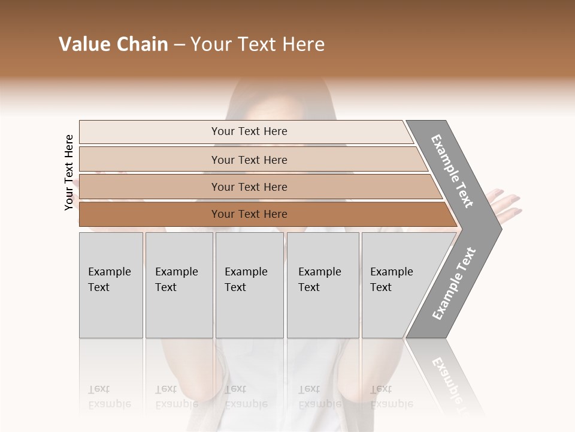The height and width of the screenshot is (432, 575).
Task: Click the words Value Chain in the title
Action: (x=113, y=44)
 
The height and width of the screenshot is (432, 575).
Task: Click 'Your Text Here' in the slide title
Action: (x=258, y=44)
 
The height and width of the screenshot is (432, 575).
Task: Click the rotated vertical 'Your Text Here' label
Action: (x=69, y=172)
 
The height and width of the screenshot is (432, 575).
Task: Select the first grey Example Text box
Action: (x=111, y=285)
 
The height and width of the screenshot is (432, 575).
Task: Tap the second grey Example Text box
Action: (x=178, y=285)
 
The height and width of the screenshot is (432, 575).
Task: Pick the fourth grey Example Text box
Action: (x=322, y=285)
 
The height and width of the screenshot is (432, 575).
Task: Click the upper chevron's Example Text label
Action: (x=453, y=170)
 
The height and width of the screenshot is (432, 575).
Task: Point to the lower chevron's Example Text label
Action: (x=454, y=283)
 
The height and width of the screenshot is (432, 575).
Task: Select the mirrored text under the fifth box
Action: (x=392, y=396)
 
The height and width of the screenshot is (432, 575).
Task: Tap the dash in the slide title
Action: (x=179, y=44)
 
